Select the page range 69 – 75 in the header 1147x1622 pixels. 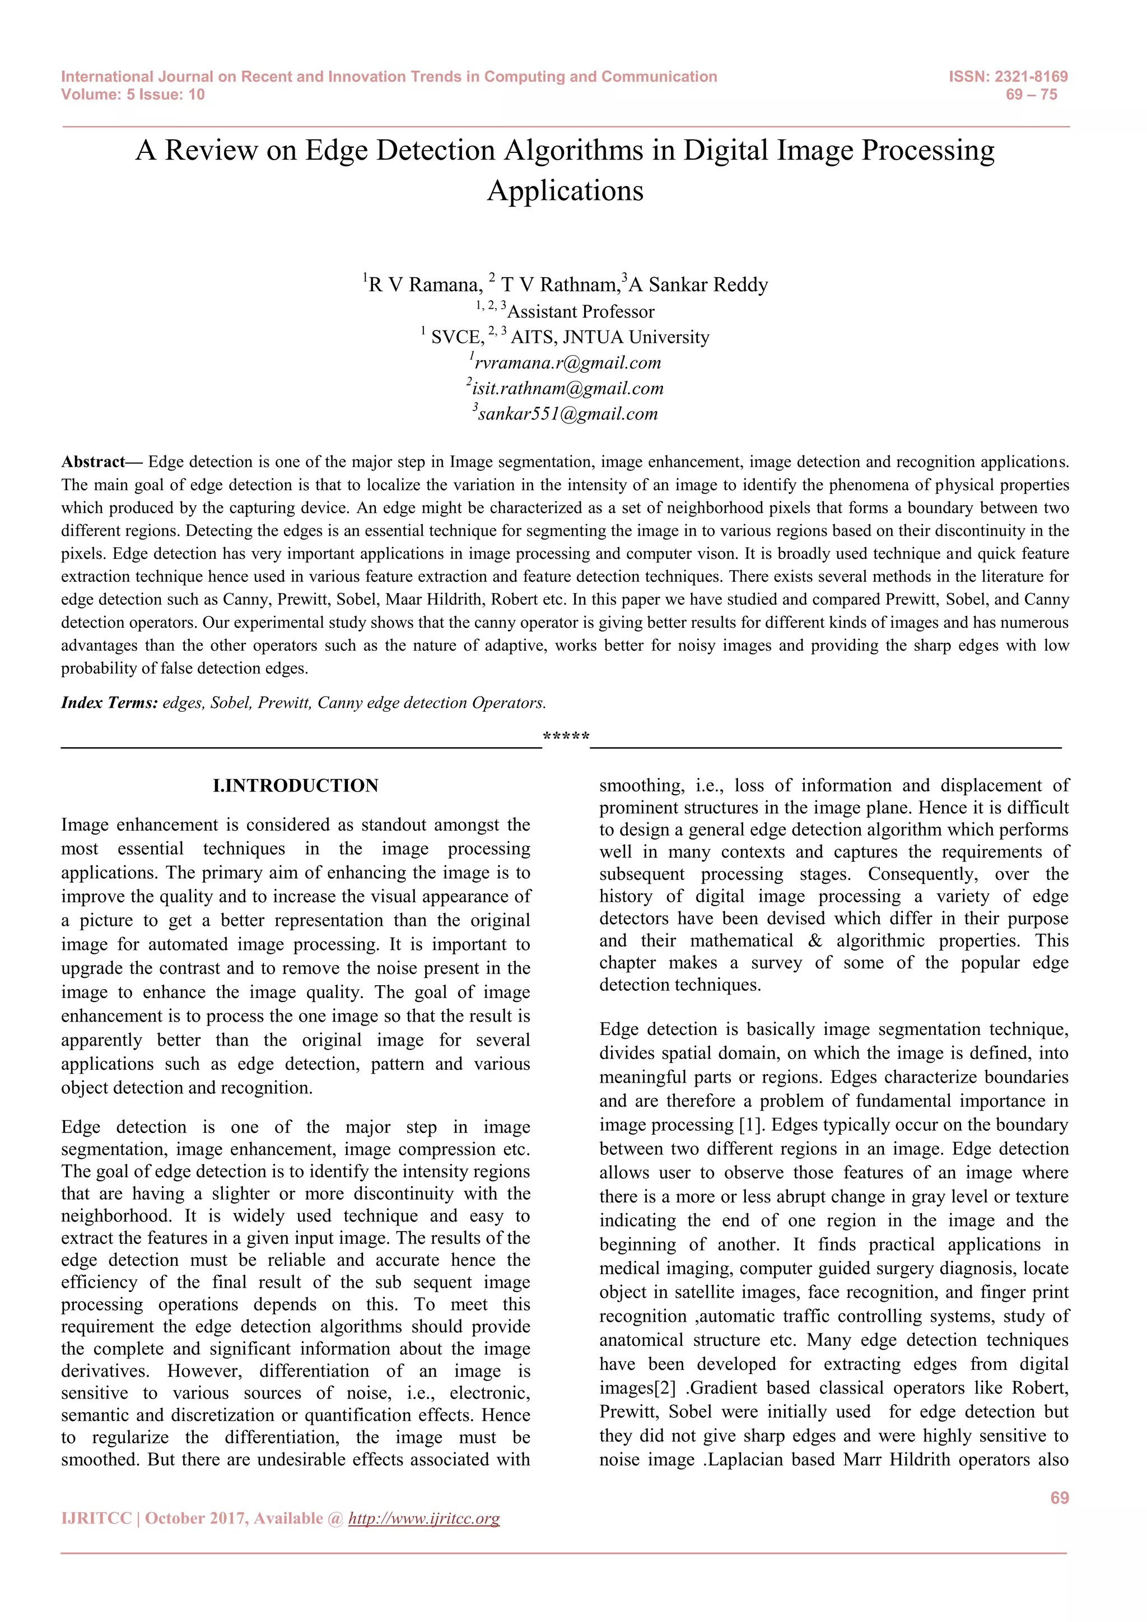click(x=1031, y=95)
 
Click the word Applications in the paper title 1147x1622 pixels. click(x=565, y=191)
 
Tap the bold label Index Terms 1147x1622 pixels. click(x=109, y=703)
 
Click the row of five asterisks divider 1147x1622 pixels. click(x=566, y=738)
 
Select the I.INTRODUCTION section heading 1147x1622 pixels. click(x=295, y=786)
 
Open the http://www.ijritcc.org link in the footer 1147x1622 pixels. click(x=424, y=1518)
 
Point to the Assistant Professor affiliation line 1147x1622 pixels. click(x=581, y=311)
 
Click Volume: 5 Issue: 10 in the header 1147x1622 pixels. click(x=133, y=95)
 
